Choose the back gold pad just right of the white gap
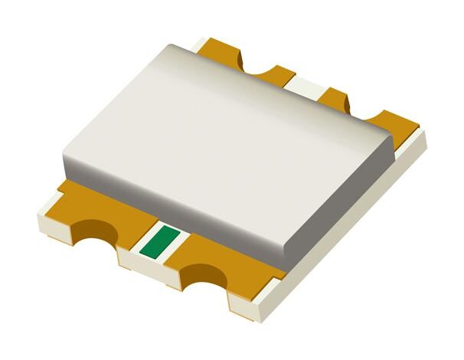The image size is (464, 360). (x=334, y=98)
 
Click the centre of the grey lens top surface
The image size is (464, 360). (x=230, y=130)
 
